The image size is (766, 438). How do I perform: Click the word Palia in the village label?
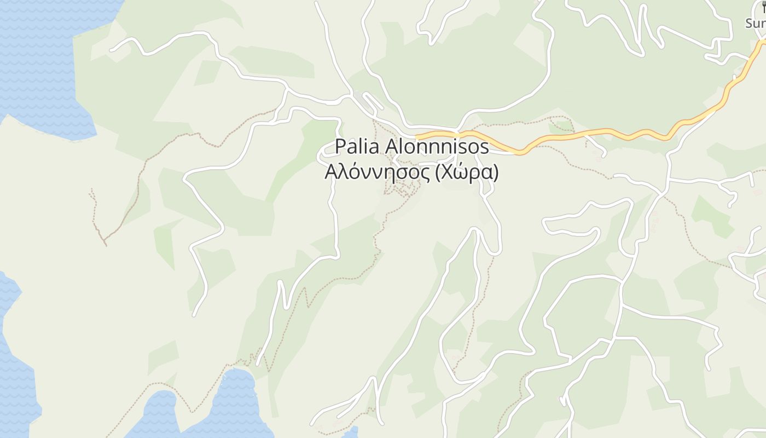[357, 147]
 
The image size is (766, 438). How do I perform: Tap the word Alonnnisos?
[437, 147]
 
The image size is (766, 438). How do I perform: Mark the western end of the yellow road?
[417, 136]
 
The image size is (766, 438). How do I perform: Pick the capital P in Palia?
[340, 147]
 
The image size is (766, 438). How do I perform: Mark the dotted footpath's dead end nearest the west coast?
[91, 191]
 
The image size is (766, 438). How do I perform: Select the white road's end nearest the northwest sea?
[111, 50]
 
